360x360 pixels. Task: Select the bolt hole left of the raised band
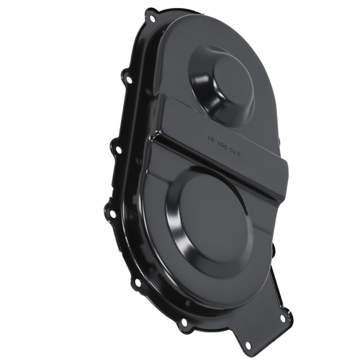114,149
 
